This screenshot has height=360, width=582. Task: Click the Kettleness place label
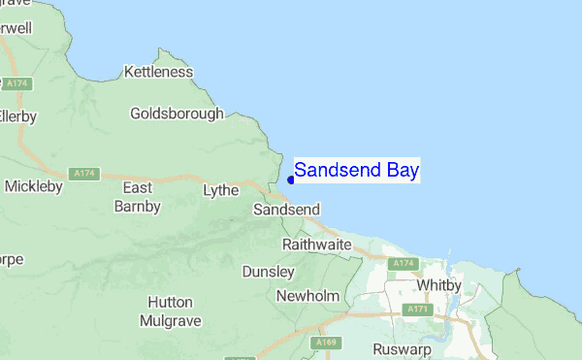pyautogui.click(x=159, y=72)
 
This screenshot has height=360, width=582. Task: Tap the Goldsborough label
pyautogui.click(x=177, y=114)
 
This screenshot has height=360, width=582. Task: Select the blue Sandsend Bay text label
pyautogui.click(x=357, y=171)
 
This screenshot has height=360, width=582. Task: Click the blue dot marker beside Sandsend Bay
pyautogui.click(x=291, y=180)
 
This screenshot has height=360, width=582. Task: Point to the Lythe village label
pyautogui.click(x=220, y=190)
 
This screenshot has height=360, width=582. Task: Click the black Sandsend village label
pyautogui.click(x=286, y=210)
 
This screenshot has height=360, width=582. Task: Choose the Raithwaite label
pyautogui.click(x=316, y=245)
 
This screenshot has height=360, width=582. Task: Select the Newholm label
pyautogui.click(x=307, y=296)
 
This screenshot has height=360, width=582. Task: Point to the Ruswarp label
pyautogui.click(x=400, y=349)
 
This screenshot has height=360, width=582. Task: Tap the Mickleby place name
pyautogui.click(x=34, y=184)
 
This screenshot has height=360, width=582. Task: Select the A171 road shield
pyautogui.click(x=418, y=310)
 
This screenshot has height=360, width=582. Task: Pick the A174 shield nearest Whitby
pyautogui.click(x=401, y=264)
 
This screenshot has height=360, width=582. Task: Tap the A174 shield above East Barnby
pyautogui.click(x=85, y=174)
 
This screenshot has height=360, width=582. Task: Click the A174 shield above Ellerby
pyautogui.click(x=16, y=85)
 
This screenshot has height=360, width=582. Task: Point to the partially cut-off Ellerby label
pyautogui.click(x=17, y=116)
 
